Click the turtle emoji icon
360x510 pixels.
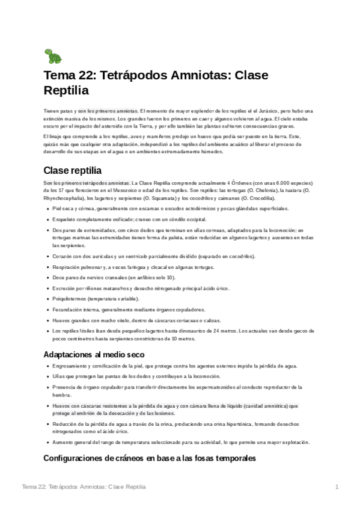tap(53, 57)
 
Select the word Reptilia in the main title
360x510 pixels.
tap(67, 91)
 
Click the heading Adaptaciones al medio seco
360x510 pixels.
tap(94, 354)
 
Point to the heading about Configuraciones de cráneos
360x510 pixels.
tap(150, 458)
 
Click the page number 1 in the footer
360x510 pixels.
tap(338, 486)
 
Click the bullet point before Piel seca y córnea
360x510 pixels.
tap(47, 208)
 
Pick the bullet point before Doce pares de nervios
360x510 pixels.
tap(47, 277)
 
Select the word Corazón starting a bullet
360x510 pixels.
tap(63, 256)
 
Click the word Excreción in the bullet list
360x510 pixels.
tap(64, 288)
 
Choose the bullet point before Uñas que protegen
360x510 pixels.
tap(47, 376)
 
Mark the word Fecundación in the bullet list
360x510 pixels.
tap(68, 310)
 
